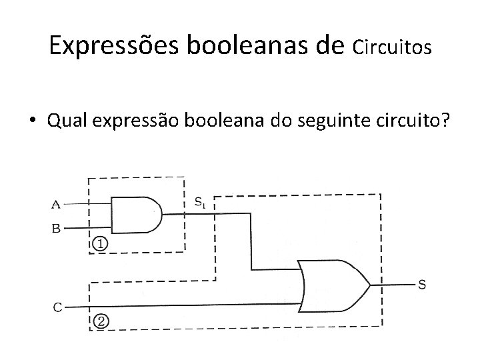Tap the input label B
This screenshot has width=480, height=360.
pos(56,228)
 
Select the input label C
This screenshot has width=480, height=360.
pos(58,307)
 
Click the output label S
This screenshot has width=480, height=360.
pos(422,285)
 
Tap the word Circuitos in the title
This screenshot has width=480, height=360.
pos(393,47)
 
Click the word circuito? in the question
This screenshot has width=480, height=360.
pos(414,121)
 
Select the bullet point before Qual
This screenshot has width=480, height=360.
pos(33,121)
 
